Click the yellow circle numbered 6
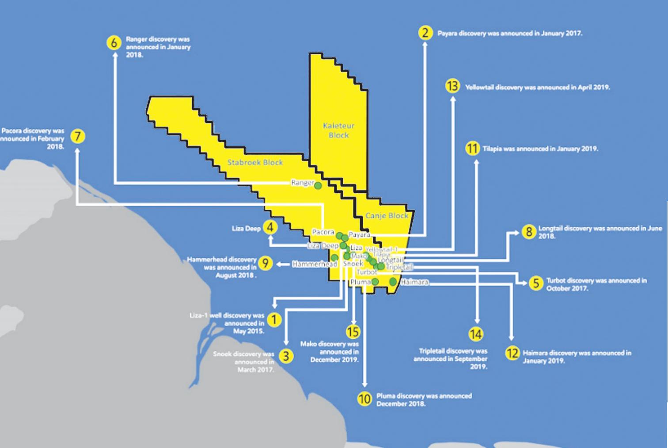114,42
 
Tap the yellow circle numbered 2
425,33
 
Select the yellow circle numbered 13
452,86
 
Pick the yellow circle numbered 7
78,136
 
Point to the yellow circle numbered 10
364,399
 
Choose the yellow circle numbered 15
353,332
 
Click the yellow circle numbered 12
512,353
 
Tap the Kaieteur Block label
338,130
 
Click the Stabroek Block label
255,162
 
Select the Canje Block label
387,216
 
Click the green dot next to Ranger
318,186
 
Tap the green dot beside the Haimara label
393,282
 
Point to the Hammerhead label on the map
315,264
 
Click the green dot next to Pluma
375,282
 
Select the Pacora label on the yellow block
323,232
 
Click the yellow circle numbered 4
270,228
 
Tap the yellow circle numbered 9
265,264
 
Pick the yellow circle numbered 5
535,283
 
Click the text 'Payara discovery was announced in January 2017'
509,33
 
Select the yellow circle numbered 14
476,334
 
